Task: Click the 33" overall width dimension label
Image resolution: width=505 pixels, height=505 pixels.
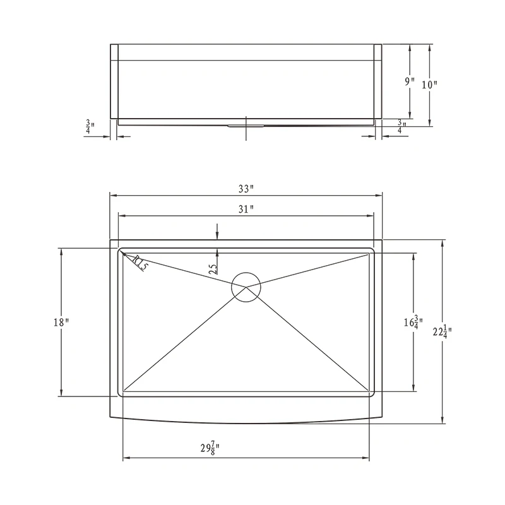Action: pos(246,188)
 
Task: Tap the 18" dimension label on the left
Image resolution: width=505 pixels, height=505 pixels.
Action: pos(61,323)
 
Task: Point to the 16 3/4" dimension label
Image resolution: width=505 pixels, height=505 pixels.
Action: pos(414,322)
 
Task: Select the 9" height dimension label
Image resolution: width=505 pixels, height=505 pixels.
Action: pos(410,81)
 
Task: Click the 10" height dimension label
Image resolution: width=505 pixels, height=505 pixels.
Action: pos(430,84)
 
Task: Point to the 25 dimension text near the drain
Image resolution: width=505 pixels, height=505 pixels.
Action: pos(213,268)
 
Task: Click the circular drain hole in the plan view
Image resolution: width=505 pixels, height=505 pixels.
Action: pos(246,287)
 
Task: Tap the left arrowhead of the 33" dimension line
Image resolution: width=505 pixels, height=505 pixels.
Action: pos(113,195)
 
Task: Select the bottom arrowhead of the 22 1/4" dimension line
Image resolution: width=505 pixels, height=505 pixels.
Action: pos(443,420)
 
